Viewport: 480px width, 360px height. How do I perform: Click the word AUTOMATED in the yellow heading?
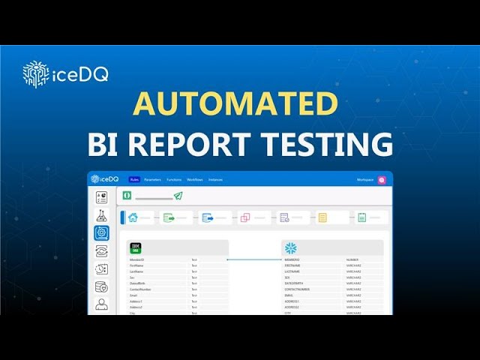[x=235, y=103]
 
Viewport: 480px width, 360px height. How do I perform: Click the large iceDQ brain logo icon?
[x=35, y=74]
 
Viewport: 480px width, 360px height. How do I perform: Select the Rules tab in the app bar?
[x=134, y=180]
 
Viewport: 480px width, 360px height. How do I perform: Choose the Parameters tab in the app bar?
[x=152, y=180]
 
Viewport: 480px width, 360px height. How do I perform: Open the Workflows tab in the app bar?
[x=195, y=180]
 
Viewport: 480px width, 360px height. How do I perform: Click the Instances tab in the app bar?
[x=215, y=180]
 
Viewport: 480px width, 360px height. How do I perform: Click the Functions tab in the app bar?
[x=174, y=180]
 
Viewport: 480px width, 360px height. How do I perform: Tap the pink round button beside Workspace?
[x=382, y=180]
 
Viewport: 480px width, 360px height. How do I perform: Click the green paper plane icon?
[x=178, y=196]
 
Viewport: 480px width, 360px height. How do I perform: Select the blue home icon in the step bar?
[x=133, y=217]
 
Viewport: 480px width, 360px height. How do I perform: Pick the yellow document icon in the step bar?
[x=322, y=217]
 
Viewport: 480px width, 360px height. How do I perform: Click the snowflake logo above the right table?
[x=290, y=248]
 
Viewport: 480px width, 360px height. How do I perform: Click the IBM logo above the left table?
[x=136, y=247]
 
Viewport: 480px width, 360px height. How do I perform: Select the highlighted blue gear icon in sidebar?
[x=101, y=232]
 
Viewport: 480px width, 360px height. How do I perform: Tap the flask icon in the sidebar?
[x=101, y=215]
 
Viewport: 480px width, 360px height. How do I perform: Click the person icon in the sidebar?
[x=101, y=304]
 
